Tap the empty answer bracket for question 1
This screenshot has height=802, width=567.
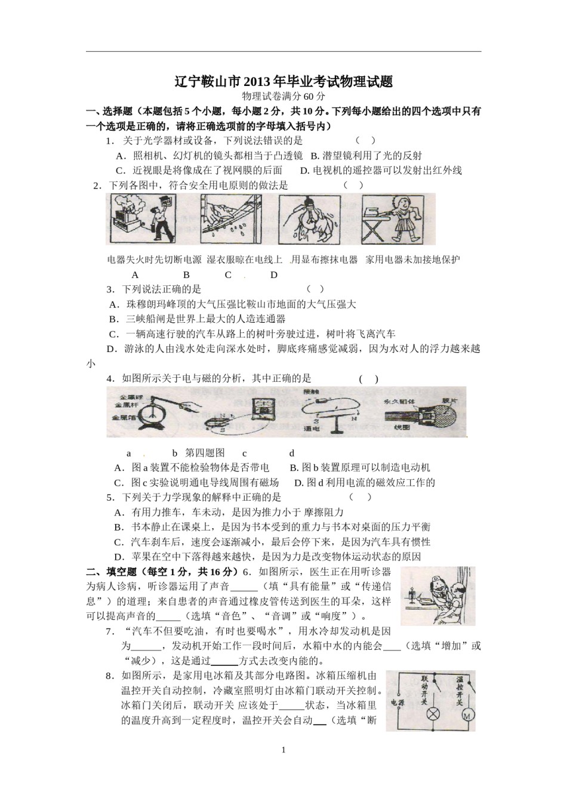(x=365, y=140)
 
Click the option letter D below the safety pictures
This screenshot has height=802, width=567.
(x=274, y=275)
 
